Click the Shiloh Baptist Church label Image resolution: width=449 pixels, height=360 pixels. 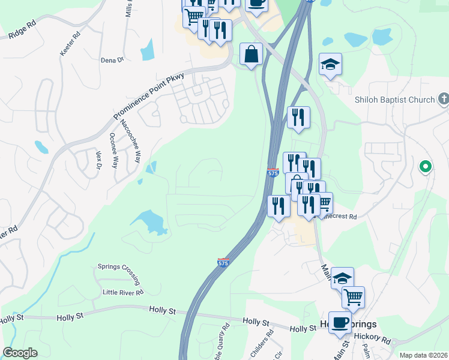pos(393,100)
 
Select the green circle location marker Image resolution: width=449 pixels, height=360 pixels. pos(425,166)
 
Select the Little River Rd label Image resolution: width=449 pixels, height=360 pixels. pos(123,293)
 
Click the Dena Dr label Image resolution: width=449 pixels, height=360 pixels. pos(112,60)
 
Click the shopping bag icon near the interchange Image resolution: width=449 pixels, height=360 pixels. pos(251,55)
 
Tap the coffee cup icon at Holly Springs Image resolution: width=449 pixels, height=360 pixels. pos(340,322)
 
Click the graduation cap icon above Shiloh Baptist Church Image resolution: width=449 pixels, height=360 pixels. pos(330,64)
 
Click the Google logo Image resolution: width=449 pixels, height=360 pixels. pos(20,353)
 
